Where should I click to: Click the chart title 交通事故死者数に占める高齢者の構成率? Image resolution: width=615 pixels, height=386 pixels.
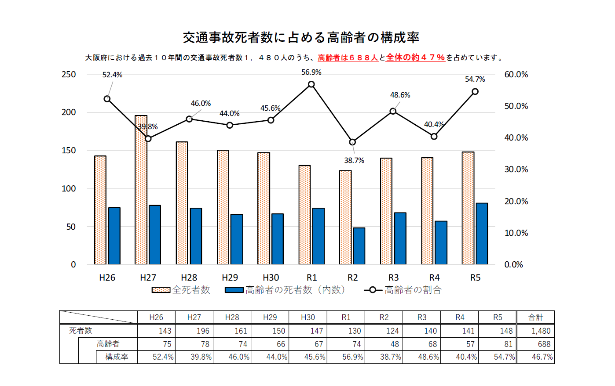[x=301, y=38]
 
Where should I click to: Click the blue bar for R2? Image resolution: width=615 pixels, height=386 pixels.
[x=359, y=246]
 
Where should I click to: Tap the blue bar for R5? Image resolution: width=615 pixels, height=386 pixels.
[x=482, y=234]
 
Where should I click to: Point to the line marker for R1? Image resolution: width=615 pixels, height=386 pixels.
[x=311, y=84]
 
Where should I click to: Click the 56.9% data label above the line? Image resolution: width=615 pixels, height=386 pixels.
[x=311, y=72]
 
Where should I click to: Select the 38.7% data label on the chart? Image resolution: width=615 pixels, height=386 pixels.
[x=354, y=161]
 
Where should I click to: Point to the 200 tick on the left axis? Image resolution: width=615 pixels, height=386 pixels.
[x=69, y=112]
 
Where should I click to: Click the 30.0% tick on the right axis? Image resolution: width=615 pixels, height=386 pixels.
[x=516, y=170]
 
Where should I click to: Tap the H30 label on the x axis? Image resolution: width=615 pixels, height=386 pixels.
[x=271, y=278]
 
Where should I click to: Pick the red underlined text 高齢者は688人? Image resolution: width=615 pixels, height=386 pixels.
[x=348, y=58]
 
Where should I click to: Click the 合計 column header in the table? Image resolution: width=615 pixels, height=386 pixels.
[x=535, y=317]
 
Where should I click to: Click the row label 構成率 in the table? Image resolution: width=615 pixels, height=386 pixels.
[x=117, y=357]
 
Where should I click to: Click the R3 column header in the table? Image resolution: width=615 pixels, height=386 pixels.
[x=422, y=317]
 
